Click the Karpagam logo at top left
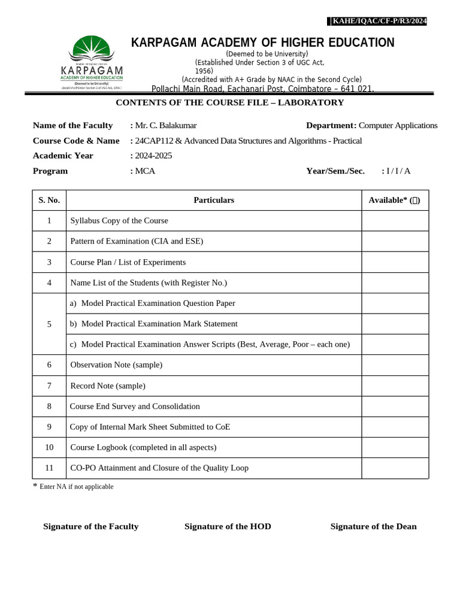(x=92, y=62)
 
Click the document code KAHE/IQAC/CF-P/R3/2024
(x=379, y=22)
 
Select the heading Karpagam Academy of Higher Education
(x=263, y=43)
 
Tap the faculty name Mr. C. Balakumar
(x=166, y=125)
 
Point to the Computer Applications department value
(x=398, y=125)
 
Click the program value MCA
(x=145, y=171)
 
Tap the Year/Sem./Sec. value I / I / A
(x=398, y=171)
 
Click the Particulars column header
(x=214, y=200)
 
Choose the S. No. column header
(x=49, y=200)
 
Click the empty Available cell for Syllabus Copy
(x=395, y=220)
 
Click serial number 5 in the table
(x=49, y=324)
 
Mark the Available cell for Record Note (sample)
(x=395, y=386)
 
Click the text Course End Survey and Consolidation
(x=135, y=406)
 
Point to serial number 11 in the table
(x=49, y=468)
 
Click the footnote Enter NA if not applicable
(x=76, y=487)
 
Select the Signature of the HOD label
(x=228, y=526)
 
